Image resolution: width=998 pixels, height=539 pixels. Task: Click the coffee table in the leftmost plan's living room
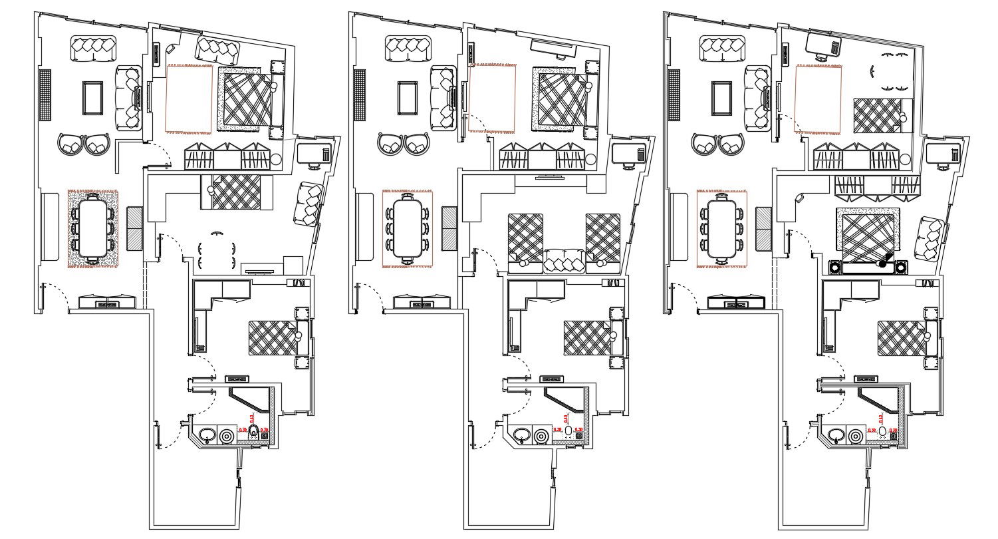click(92, 98)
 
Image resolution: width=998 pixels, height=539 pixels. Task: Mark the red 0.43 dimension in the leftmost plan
click(252, 419)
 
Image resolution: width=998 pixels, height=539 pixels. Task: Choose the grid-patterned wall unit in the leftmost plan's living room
click(45, 95)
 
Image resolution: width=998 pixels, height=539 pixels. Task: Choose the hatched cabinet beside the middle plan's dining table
click(449, 228)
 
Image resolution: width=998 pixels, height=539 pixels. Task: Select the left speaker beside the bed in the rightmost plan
click(834, 268)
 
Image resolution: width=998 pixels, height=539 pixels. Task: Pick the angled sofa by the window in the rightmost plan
click(930, 239)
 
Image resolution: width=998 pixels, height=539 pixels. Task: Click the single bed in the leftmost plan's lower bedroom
click(273, 337)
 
